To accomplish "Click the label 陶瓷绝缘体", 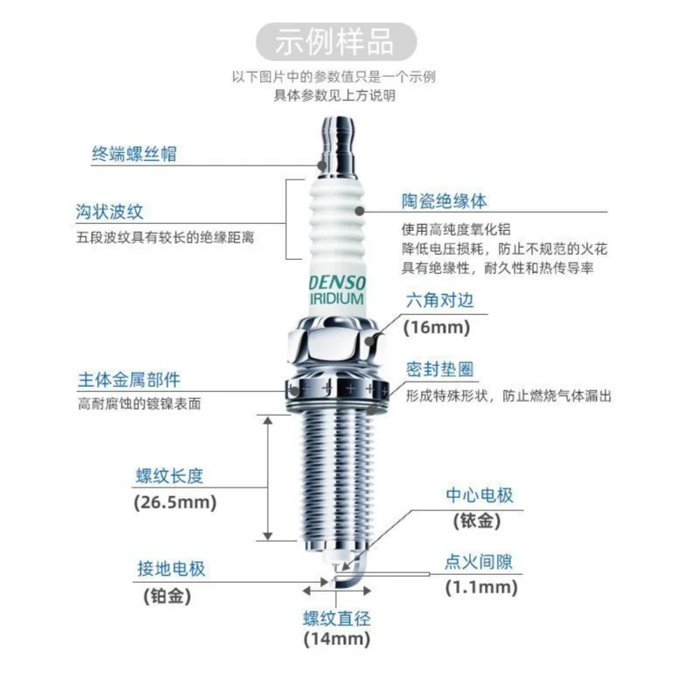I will click(x=445, y=200).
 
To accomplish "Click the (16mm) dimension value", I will click(x=436, y=327).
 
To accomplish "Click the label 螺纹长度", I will click(x=168, y=476).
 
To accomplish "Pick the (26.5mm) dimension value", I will click(x=174, y=503).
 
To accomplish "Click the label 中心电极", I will click(x=480, y=495).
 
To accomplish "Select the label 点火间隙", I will click(x=480, y=561).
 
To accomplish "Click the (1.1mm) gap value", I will click(x=480, y=587).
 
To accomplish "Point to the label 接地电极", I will click(x=172, y=569).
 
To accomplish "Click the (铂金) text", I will click(x=166, y=596).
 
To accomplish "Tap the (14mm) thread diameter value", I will click(x=337, y=640).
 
